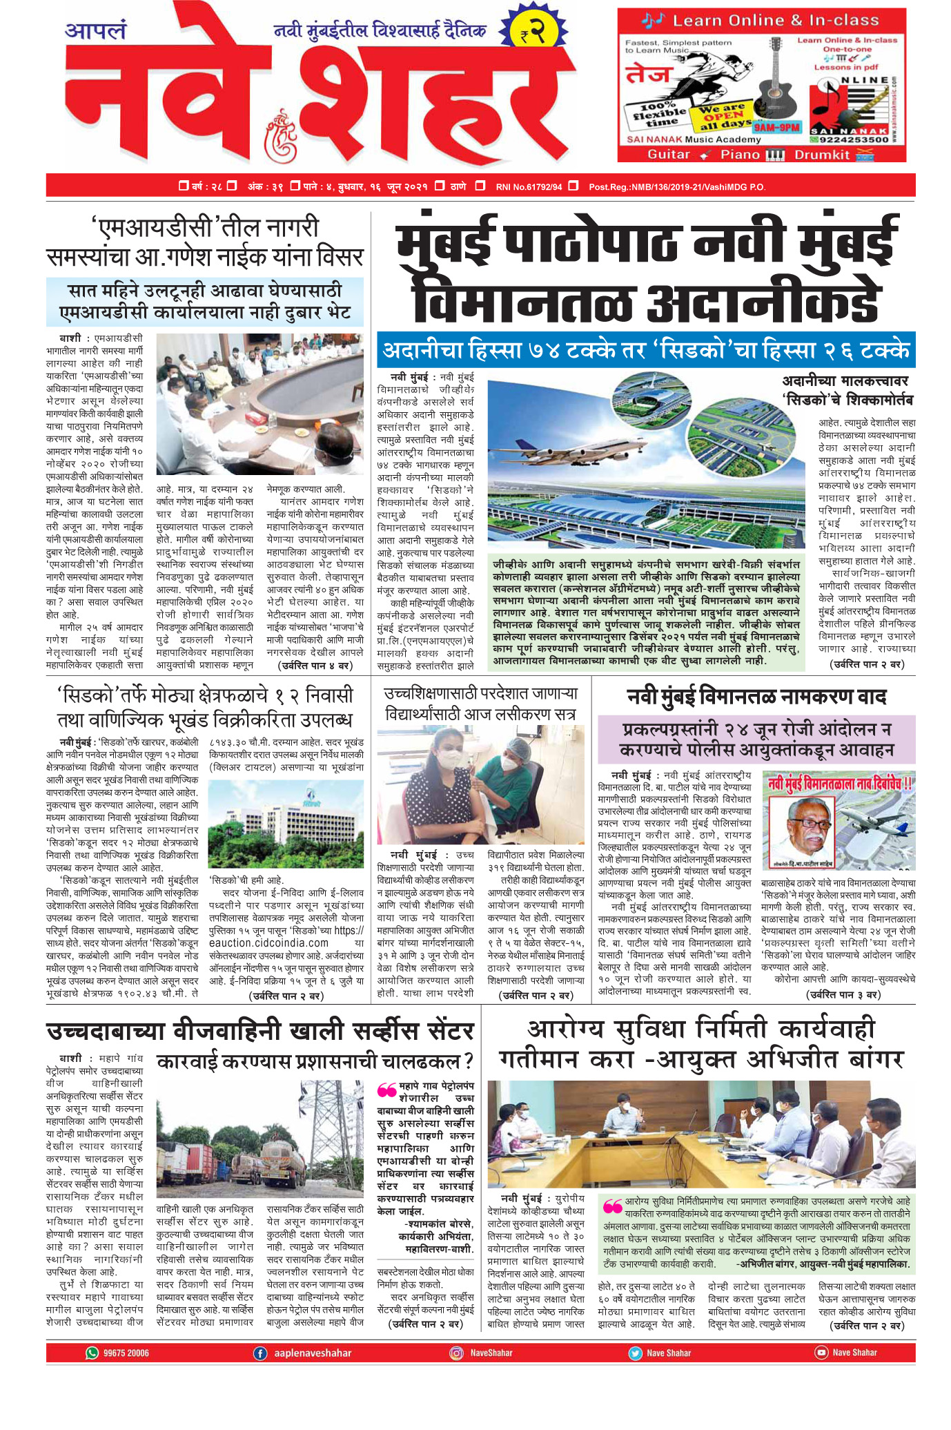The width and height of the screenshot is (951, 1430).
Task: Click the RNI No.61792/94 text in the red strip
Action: pos(529,186)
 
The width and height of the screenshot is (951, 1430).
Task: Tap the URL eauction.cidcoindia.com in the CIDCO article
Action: pos(268,943)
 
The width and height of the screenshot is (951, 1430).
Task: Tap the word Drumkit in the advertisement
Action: pos(822,155)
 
